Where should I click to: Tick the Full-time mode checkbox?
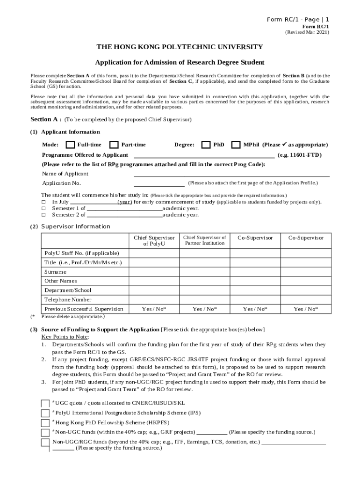(x=70, y=145)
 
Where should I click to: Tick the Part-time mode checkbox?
(x=114, y=145)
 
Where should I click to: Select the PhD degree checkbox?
(x=206, y=145)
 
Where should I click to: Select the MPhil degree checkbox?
(x=236, y=145)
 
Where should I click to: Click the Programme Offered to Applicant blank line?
(x=204, y=155)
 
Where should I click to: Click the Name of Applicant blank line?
(x=231, y=174)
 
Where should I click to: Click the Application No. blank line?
(x=159, y=183)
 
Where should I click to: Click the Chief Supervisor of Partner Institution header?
(x=204, y=240)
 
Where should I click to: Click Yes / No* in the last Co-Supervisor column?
(x=305, y=309)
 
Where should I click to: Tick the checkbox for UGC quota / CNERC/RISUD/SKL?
(x=45, y=404)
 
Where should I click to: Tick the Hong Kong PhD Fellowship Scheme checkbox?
(x=45, y=423)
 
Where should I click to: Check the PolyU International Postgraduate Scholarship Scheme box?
(x=45, y=414)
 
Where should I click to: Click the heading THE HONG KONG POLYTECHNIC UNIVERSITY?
(x=180, y=47)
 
